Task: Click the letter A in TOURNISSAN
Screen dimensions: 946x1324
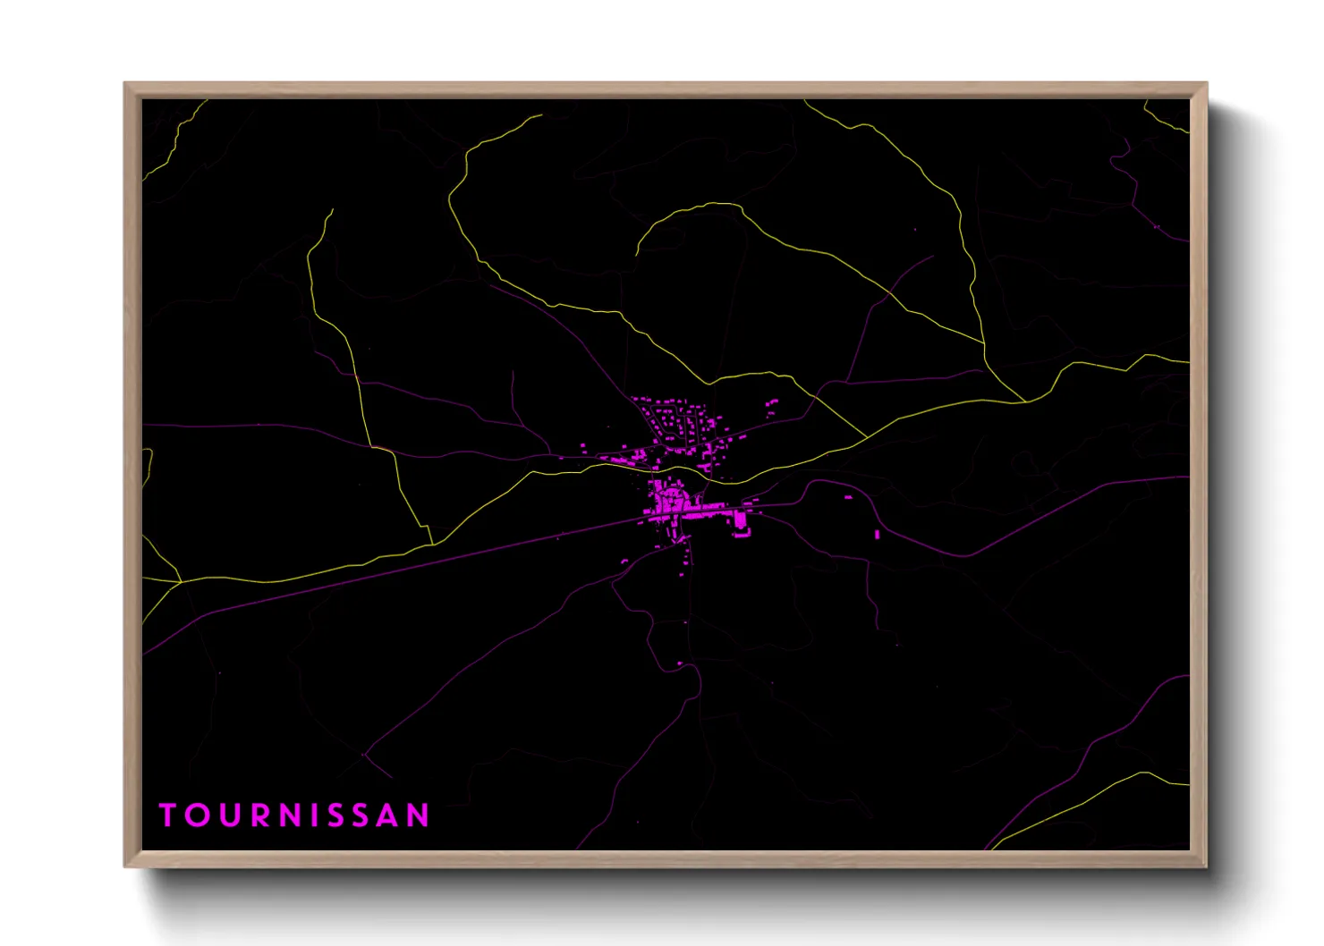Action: [x=390, y=815]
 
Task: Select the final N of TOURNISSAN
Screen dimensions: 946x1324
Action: [x=420, y=815]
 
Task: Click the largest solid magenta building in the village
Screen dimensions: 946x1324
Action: [x=740, y=520]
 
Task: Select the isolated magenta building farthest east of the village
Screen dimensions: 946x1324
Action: [x=877, y=534]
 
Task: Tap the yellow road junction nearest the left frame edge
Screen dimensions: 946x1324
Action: [x=181, y=581]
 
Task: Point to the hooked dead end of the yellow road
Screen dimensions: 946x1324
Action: [x=637, y=254]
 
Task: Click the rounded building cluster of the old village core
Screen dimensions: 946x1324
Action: [x=666, y=497]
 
